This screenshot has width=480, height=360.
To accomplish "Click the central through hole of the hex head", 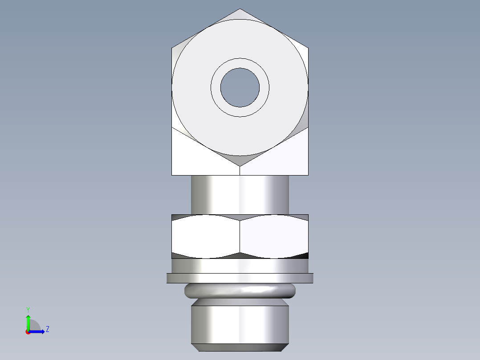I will pos(240,87).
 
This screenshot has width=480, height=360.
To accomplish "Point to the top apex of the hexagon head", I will pos(240,9).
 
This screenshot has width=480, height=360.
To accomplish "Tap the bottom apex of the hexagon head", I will pos(240,166).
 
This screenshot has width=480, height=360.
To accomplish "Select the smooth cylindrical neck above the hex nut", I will pos(240,194).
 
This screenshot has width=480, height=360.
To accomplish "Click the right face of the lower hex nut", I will pos(274,237).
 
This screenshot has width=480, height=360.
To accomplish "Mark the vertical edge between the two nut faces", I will pos(240,237).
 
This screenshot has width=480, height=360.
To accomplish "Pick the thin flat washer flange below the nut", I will pos(240,278).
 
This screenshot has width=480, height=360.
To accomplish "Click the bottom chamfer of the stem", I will pos(240,348).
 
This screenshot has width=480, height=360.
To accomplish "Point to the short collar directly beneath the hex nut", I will pos(240,266).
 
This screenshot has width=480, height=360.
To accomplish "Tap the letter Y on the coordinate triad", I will pos(28,309).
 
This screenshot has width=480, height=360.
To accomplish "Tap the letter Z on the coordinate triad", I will pos(47,329).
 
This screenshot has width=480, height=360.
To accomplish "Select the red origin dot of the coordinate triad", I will pos(28,332).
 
